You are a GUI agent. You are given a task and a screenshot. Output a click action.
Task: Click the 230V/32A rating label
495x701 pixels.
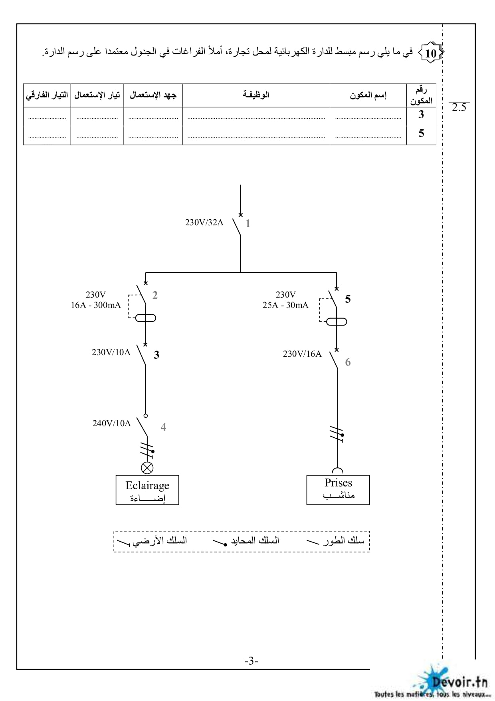(x=204, y=222)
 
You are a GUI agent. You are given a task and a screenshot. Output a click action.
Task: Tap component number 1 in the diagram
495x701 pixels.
(x=248, y=223)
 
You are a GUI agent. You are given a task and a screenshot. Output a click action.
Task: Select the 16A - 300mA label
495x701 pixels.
(x=96, y=305)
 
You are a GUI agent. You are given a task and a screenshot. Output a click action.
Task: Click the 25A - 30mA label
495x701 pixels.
(x=285, y=305)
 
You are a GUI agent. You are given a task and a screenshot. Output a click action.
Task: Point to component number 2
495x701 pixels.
(x=155, y=295)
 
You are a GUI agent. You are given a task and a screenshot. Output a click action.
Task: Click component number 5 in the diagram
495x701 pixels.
(x=348, y=299)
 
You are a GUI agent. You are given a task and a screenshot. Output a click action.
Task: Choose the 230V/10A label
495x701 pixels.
(x=111, y=352)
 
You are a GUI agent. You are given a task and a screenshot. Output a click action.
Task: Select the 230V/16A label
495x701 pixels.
(x=302, y=353)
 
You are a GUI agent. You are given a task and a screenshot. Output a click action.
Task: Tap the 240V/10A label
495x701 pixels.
(x=111, y=423)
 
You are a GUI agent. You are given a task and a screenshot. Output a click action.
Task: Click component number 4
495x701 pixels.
(x=163, y=427)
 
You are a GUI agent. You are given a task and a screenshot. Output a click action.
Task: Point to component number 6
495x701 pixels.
(x=348, y=362)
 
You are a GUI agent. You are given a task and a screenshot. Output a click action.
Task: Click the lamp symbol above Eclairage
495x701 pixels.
(x=147, y=468)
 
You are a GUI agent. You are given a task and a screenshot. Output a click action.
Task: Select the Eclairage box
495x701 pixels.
(x=147, y=490)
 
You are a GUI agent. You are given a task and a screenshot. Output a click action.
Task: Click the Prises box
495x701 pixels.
(x=338, y=490)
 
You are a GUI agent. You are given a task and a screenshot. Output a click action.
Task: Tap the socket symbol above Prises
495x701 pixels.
(x=337, y=471)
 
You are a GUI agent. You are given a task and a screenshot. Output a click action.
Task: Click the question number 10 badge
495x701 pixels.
(x=431, y=53)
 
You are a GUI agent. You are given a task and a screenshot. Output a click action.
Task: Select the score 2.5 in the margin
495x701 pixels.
(x=459, y=107)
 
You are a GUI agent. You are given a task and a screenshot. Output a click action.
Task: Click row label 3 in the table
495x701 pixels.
(x=421, y=115)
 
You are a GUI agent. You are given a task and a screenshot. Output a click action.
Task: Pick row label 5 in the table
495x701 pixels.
(x=421, y=133)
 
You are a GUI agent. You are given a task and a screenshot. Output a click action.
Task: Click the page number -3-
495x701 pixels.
(x=251, y=661)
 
